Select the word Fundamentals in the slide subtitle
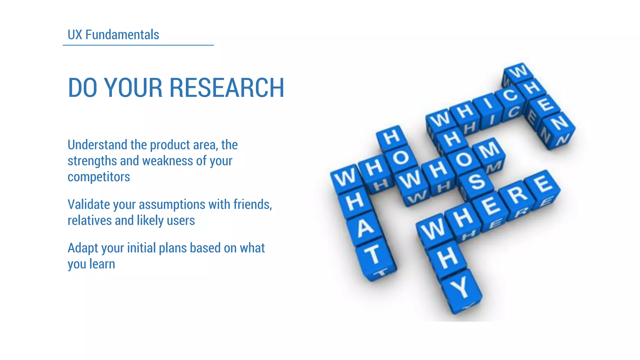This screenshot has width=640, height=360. click(x=122, y=35)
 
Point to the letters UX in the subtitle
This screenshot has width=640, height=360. click(x=75, y=35)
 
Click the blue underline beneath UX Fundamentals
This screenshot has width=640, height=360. click(x=138, y=45)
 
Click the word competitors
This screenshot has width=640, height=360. click(x=99, y=177)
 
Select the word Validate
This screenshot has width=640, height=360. click(x=89, y=204)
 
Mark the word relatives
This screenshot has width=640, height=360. click(x=90, y=221)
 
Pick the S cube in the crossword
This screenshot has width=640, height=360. click(x=476, y=181)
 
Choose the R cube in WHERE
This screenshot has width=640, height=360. click(x=518, y=194)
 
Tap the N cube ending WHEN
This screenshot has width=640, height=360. click(x=559, y=123)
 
